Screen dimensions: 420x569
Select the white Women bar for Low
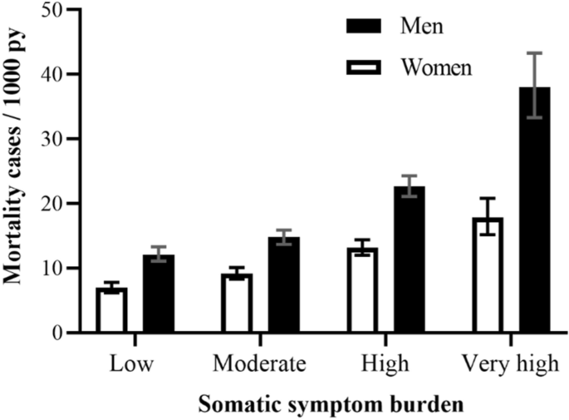click(x=111, y=310)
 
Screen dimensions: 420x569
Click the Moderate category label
click(x=260, y=364)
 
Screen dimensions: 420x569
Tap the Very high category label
click(x=511, y=364)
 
